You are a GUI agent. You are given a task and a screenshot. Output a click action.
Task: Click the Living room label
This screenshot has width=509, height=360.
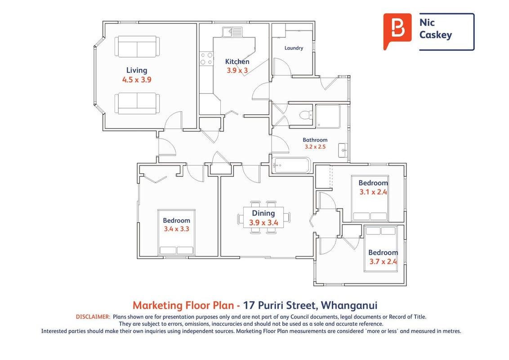[137, 71]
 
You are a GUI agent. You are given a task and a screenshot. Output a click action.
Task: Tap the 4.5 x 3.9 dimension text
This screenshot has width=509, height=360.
[137, 80]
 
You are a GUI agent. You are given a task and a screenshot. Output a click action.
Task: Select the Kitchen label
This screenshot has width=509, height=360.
[237, 61]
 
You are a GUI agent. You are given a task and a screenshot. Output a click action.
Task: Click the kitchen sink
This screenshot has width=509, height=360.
[232, 32]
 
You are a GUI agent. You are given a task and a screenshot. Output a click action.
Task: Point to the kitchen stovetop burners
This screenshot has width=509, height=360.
[206, 58]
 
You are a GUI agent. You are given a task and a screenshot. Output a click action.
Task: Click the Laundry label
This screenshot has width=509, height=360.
[294, 48]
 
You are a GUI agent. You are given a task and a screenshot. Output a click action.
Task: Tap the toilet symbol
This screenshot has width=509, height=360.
[306, 115]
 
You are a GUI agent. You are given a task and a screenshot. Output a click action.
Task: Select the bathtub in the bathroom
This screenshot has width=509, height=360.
[291, 166]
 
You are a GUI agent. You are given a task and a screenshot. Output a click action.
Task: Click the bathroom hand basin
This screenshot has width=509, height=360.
[343, 150]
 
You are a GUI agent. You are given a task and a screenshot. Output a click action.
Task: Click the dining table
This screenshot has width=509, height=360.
[263, 217]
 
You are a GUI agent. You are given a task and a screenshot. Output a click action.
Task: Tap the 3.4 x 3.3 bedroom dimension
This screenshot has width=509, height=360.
[176, 229]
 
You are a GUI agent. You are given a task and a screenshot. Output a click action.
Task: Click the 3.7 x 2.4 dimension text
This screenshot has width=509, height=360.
[383, 261]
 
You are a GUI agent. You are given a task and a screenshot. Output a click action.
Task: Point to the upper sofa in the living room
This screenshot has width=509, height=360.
[137, 47]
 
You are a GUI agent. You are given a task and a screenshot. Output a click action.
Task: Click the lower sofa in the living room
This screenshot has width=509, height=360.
[137, 103]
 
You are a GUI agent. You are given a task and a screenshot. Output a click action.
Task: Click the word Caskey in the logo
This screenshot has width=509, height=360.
[435, 35]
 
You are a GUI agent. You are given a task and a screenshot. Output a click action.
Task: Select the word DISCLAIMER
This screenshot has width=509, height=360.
[93, 317]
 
